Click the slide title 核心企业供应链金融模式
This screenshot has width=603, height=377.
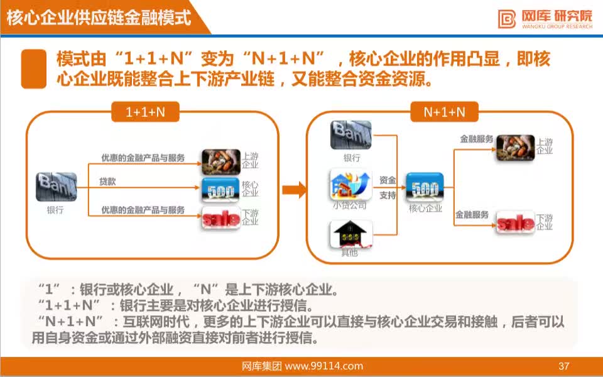(99, 17)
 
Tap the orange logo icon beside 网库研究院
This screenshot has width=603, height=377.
(507, 19)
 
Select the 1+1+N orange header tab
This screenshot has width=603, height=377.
(145, 112)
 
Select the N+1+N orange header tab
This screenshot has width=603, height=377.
(444, 112)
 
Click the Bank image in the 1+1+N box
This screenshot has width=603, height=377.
(56, 187)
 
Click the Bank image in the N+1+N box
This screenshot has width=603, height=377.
(350, 135)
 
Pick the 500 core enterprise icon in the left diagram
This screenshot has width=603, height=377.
(220, 190)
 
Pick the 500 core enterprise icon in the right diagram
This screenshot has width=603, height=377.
(425, 187)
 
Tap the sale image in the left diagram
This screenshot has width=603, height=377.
(221, 219)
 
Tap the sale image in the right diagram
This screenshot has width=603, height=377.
(515, 222)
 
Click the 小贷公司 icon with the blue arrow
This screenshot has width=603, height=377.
(350, 184)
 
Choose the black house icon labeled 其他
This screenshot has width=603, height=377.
(350, 234)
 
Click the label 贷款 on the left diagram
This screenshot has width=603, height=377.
(107, 182)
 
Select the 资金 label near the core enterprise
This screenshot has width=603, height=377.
(388, 180)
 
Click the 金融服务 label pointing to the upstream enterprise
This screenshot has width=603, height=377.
(476, 139)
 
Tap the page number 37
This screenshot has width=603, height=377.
(564, 366)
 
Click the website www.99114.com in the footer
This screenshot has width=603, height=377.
(324, 366)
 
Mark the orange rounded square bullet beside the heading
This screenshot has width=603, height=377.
(34, 69)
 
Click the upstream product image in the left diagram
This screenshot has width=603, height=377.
(221, 161)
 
